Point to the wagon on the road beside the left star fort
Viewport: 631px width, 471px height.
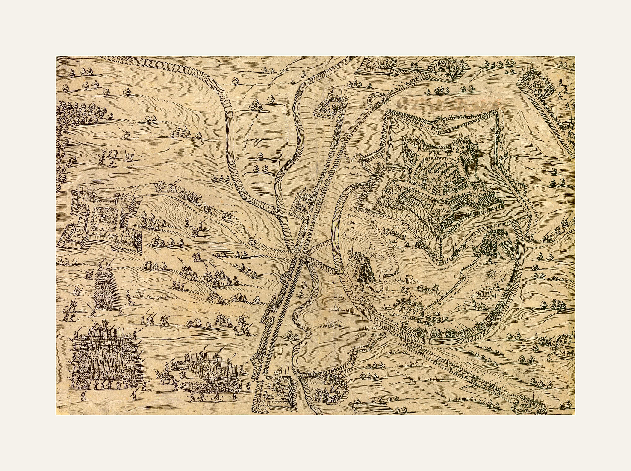(x=192, y=196)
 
